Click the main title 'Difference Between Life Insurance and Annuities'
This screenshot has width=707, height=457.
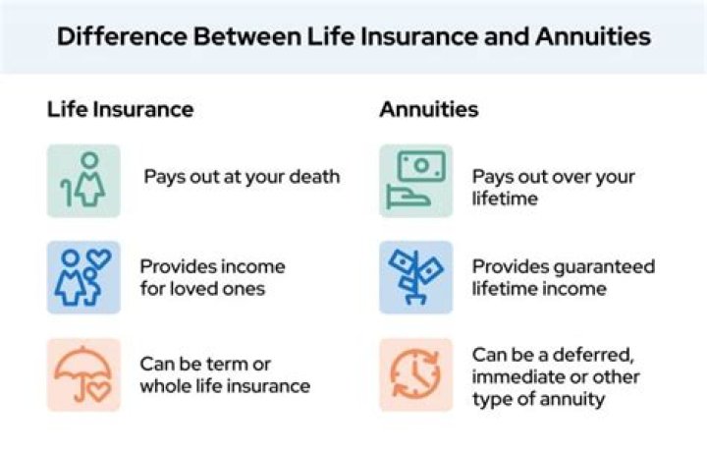[x=353, y=37]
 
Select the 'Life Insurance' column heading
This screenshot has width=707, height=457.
[x=120, y=109]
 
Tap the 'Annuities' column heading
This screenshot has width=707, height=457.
[x=429, y=109]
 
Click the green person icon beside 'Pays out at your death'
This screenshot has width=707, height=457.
[x=83, y=180]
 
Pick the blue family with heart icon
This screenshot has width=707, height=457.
[x=83, y=277]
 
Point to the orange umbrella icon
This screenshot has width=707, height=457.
[x=83, y=374]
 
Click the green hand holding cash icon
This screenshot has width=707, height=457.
[x=416, y=180]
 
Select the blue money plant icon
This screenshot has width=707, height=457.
[x=416, y=277]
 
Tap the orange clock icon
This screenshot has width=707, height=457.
[x=416, y=374]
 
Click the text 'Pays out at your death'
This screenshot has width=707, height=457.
[x=242, y=177]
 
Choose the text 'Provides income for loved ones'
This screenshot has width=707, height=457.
[x=212, y=277]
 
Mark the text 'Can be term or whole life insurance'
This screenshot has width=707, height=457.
[x=225, y=374]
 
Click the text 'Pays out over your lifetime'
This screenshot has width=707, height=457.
[x=553, y=188]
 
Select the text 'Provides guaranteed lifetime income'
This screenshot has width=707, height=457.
[x=563, y=277]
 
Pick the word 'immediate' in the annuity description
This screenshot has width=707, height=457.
[x=515, y=377]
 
